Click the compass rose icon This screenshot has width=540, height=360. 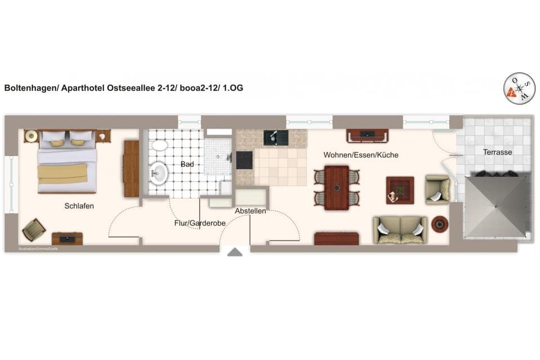[519, 89]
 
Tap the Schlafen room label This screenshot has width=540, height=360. [79, 206]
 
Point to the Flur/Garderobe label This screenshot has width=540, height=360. [200, 223]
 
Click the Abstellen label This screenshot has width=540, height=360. [250, 211]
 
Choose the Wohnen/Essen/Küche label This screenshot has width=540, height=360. [361, 155]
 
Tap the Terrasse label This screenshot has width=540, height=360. [497, 152]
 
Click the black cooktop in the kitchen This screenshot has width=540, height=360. [244, 160]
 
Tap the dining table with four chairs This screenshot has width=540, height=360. [336, 187]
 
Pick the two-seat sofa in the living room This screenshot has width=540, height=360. [400, 229]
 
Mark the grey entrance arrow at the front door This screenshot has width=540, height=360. [235, 253]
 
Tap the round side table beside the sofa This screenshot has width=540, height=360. [439, 224]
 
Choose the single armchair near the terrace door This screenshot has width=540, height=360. [438, 189]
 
